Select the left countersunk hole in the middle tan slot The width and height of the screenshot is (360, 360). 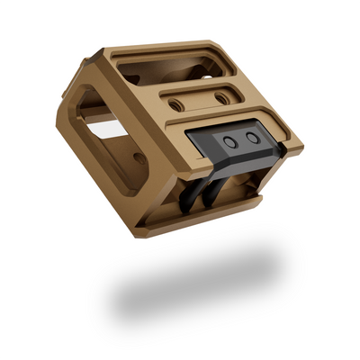click(x=177, y=104)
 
